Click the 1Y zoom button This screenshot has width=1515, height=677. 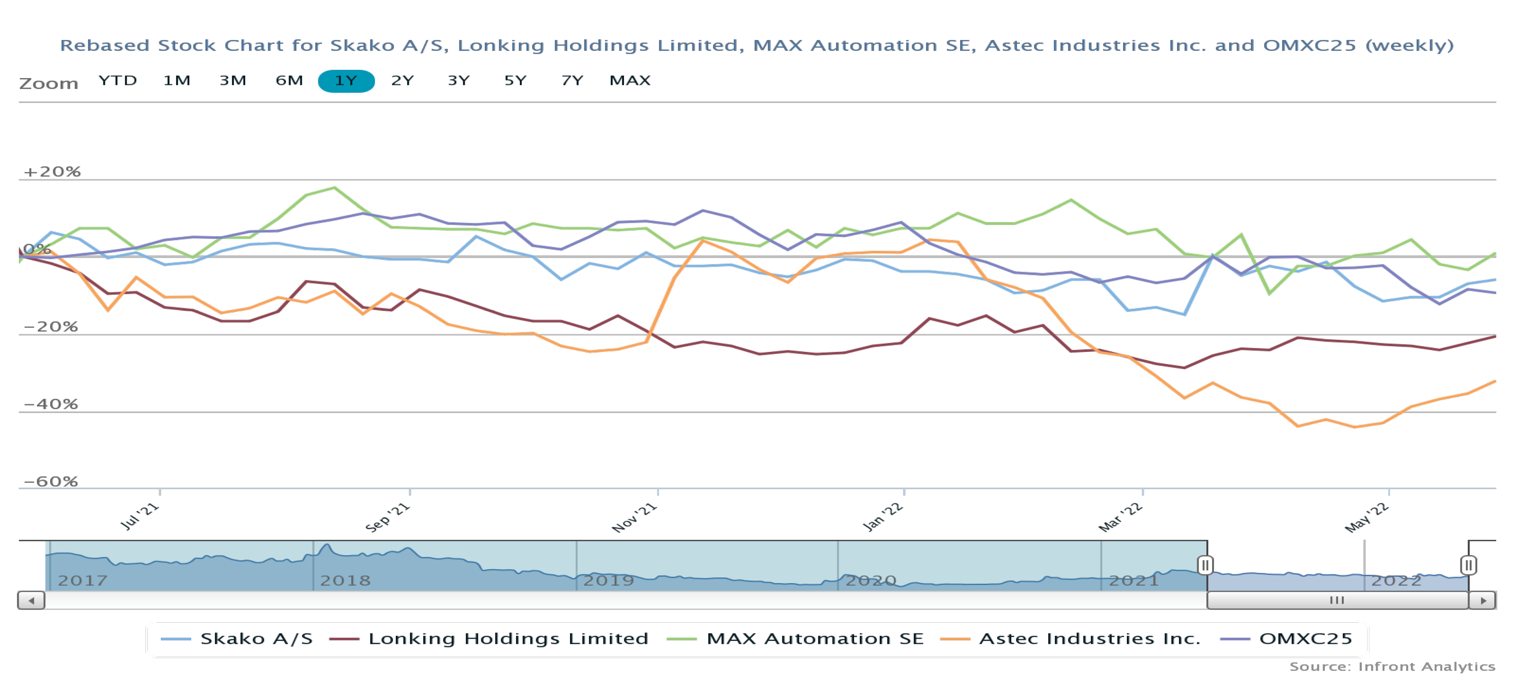(346, 81)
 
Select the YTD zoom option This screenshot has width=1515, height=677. (118, 81)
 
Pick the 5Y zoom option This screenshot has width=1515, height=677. (515, 81)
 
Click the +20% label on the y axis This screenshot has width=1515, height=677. (52, 172)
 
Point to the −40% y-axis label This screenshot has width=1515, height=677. (51, 404)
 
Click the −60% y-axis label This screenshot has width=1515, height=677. (51, 481)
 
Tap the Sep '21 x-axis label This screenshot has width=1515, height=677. (387, 517)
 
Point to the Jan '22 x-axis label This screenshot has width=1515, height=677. (882, 517)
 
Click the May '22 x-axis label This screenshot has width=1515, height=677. (1367, 517)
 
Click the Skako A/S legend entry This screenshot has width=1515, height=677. (237, 639)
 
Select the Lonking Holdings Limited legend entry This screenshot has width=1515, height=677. (489, 639)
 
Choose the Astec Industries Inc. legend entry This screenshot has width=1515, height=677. (1070, 639)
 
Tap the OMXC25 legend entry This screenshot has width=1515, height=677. (1287, 639)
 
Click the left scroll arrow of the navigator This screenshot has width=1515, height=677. (31, 600)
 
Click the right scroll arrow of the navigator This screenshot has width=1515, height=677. (1483, 600)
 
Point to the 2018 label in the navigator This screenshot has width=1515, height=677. (345, 580)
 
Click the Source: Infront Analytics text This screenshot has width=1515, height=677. (1392, 666)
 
